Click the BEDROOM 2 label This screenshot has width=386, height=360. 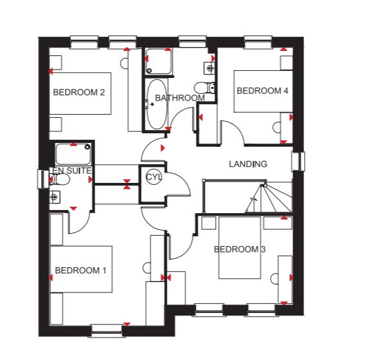click(79, 92)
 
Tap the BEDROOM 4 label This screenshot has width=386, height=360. click(262, 91)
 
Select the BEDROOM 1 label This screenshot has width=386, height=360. click(81, 270)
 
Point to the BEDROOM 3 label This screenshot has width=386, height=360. click(240, 249)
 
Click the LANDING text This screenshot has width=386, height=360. click(248, 164)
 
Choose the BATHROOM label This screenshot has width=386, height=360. click(180, 98)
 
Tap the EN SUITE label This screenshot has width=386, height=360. click(72, 171)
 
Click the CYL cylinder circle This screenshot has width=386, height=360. click(153, 177)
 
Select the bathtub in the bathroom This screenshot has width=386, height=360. click(157, 104)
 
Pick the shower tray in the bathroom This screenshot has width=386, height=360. click(158, 61)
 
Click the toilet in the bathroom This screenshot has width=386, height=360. click(205, 88)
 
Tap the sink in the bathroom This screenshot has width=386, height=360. click(209, 68)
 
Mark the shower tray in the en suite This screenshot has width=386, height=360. click(73, 154)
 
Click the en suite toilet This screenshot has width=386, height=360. click(59, 179)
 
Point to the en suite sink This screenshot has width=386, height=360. click(54, 197)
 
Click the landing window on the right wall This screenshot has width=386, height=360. click(298, 162)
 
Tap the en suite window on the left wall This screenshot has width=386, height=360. click(43, 180)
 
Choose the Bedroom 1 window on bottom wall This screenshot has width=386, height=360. click(107, 331)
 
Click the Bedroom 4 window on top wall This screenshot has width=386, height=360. click(258, 42)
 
